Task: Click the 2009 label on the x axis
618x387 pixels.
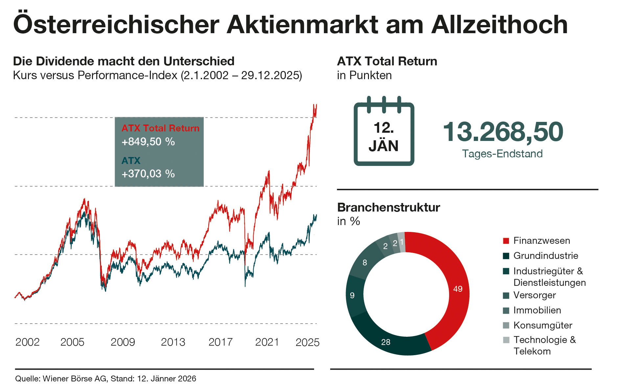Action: (123, 342)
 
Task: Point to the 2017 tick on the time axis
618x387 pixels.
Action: (220, 342)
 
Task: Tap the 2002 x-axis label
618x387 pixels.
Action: (27, 342)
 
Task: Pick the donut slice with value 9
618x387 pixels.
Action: (353, 295)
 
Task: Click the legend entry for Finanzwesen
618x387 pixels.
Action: (541, 240)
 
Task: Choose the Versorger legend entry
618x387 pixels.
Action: (534, 295)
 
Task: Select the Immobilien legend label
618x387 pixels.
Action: (537, 310)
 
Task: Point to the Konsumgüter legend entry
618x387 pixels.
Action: (542, 325)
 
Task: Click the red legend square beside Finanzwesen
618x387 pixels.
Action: (506, 241)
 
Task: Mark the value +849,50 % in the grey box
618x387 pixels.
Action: (148, 142)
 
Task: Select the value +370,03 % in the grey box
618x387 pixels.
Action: (148, 173)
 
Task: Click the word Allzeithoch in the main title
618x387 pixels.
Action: (499, 24)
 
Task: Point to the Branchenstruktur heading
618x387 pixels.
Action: (388, 207)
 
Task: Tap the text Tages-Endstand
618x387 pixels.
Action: (502, 154)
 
